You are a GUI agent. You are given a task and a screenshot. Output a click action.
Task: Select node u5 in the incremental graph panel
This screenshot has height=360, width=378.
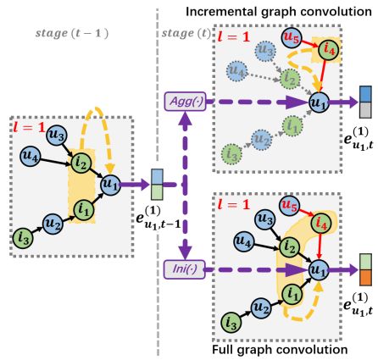pos(291,37)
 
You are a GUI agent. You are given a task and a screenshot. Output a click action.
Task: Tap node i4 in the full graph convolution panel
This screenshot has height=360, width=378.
pos(320,225)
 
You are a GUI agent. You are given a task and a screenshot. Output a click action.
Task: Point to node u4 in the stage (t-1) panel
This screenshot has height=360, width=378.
pos(31,156)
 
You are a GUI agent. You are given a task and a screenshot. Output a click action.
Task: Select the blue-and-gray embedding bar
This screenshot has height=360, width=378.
pos(365,101)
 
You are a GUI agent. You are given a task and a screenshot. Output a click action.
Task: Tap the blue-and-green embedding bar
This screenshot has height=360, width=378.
pos(157,184)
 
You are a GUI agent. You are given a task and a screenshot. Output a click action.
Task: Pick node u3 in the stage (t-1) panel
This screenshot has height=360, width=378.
pos(58,134)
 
